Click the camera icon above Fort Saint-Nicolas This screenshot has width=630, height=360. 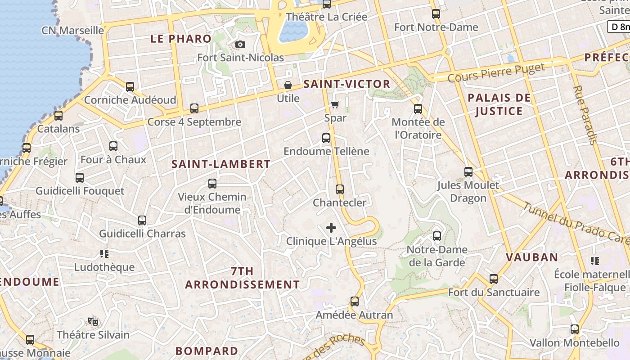[240, 44]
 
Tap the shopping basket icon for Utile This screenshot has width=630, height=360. [288, 85]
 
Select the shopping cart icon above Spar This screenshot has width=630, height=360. [335, 105]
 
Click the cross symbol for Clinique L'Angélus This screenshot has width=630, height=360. [331, 228]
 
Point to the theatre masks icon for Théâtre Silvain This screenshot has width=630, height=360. [93, 321]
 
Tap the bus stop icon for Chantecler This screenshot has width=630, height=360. [340, 189]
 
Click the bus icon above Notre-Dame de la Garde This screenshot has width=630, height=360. [436, 236]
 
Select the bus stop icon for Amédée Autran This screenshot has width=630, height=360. [355, 301]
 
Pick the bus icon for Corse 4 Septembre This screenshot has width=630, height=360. [194, 108]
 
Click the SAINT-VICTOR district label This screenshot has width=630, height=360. [346, 84]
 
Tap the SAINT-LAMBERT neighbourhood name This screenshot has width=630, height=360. [221, 164]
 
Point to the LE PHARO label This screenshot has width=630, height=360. [181, 39]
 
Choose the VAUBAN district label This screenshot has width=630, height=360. [532, 257]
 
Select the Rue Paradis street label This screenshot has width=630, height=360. [585, 115]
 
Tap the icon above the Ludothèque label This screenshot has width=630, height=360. [104, 254]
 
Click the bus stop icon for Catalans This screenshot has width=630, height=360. [58, 116]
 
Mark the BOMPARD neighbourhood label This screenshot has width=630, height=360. [207, 351]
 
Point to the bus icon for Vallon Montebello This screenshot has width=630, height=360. [575, 329]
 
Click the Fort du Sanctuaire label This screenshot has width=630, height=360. [494, 292]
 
